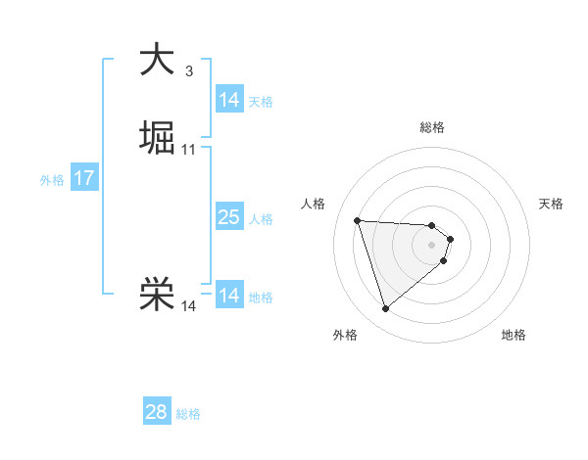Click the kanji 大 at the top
tap(156, 59)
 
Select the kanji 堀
tap(156, 138)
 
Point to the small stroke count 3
tap(188, 70)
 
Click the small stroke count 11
tap(189, 150)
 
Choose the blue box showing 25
tap(228, 217)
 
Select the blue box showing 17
tap(84, 178)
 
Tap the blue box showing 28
tap(156, 412)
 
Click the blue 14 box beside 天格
tap(228, 100)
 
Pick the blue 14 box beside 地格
tap(228, 296)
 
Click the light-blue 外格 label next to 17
tap(52, 180)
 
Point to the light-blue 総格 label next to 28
tap(188, 414)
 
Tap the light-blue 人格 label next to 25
tap(261, 219)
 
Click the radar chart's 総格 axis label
tap(432, 127)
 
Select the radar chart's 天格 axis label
tap(551, 204)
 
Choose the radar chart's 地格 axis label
tap(514, 335)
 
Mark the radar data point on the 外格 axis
tap(386, 309)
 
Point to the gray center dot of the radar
tap(432, 245)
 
